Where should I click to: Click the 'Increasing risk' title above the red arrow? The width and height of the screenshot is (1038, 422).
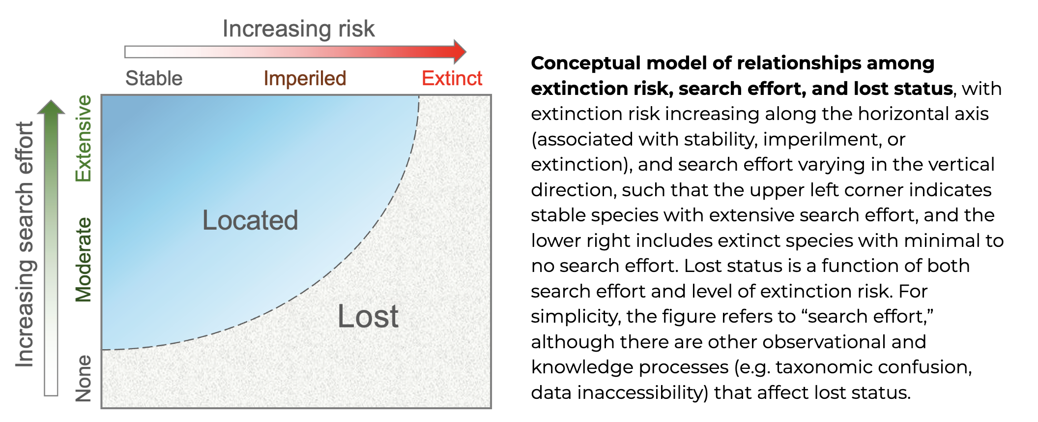[x=298, y=29]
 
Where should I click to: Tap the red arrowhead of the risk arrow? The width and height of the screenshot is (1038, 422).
[x=460, y=52]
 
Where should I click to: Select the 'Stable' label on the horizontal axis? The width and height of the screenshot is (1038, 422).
[x=154, y=78]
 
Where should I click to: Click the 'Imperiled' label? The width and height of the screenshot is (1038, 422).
[x=305, y=79]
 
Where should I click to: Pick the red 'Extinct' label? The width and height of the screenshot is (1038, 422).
[x=452, y=78]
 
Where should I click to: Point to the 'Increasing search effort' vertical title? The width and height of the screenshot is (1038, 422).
[x=25, y=244]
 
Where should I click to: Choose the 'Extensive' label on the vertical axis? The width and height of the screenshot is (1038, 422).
[x=83, y=138]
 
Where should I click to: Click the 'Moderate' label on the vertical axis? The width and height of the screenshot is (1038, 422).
[x=83, y=259]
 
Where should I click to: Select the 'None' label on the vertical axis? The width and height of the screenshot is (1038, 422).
[x=83, y=378]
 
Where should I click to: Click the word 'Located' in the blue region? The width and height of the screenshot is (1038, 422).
[x=250, y=220]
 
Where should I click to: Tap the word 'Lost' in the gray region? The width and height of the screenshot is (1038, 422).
[x=368, y=316]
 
